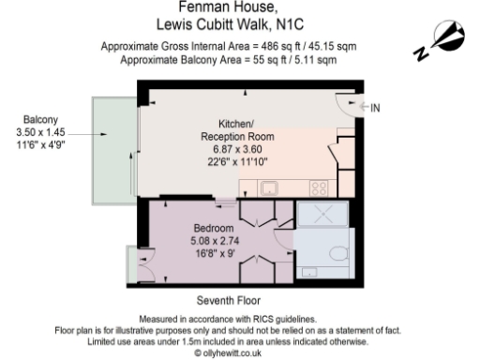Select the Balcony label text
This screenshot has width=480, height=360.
click(40, 119)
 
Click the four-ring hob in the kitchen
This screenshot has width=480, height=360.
click(320, 187)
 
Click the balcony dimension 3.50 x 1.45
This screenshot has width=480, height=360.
click(40, 133)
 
